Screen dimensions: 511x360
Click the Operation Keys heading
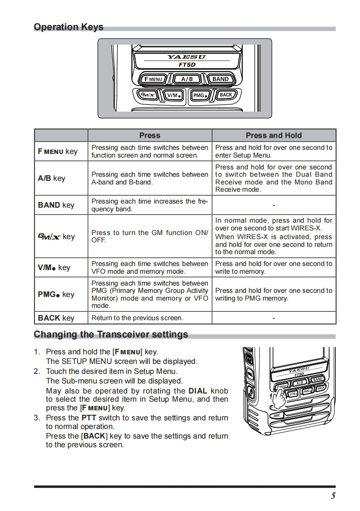(x=69, y=27)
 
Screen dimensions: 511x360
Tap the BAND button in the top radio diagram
(x=220, y=79)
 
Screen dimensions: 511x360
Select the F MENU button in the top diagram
(x=153, y=79)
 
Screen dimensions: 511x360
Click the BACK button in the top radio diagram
(x=226, y=95)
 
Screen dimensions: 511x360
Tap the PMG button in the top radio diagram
(x=200, y=95)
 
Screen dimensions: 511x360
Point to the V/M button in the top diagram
(x=173, y=95)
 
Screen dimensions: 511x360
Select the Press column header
(x=150, y=135)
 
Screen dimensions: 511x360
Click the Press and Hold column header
(x=274, y=135)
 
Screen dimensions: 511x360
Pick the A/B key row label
(x=51, y=178)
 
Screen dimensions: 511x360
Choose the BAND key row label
(x=56, y=205)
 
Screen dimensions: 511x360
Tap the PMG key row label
(x=56, y=294)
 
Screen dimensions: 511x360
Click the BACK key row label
(x=56, y=318)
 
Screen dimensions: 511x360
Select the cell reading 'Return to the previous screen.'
(x=137, y=318)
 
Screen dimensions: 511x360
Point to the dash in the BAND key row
(x=274, y=205)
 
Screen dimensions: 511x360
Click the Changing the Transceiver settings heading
(x=111, y=335)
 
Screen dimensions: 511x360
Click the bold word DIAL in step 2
(x=198, y=391)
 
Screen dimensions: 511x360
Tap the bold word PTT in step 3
(x=89, y=418)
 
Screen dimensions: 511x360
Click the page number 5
(x=333, y=496)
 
